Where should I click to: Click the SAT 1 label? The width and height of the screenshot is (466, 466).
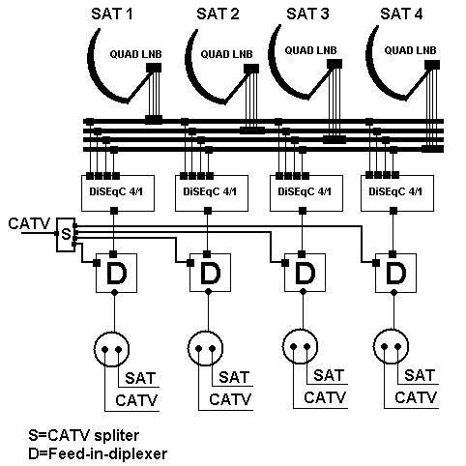111,15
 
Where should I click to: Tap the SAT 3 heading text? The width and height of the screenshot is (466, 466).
307,15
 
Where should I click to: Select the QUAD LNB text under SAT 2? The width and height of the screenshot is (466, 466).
226,54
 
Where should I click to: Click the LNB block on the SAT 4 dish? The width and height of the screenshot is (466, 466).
432,65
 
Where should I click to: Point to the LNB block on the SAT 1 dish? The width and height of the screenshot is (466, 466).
154,68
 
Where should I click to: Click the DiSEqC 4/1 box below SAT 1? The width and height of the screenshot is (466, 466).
118,193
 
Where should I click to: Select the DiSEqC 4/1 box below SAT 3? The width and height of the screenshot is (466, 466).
306,193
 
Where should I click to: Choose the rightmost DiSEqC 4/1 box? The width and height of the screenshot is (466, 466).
397,193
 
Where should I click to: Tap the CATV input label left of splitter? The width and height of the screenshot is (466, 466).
29,223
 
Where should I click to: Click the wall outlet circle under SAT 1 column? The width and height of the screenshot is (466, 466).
111,332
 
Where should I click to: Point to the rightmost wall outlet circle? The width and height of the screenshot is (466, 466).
391,330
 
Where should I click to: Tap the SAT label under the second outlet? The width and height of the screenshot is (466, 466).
234,377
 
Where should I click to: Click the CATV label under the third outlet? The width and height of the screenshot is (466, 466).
325,397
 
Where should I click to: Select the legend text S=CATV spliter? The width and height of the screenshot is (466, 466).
84,435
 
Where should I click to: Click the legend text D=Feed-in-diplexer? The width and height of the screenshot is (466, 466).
98,454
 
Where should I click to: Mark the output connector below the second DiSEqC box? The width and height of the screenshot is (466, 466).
208,211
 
